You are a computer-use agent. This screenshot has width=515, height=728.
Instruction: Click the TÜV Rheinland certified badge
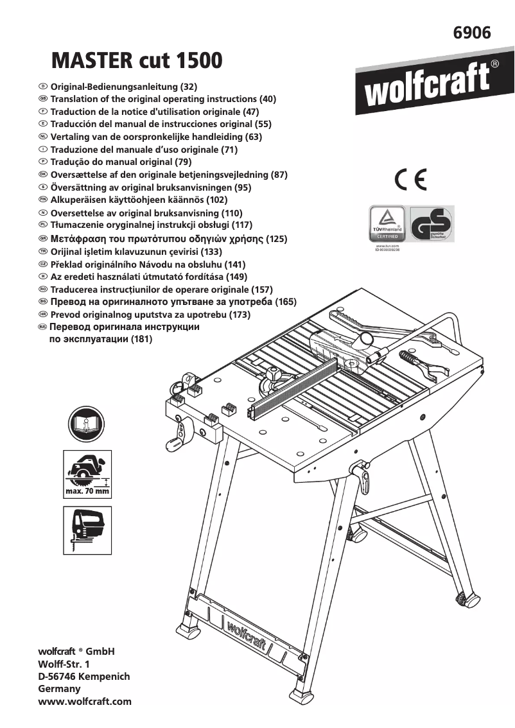[x=387, y=223]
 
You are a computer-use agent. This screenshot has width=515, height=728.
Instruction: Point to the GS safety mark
[x=432, y=223]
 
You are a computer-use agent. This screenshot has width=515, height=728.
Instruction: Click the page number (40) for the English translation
[x=267, y=99]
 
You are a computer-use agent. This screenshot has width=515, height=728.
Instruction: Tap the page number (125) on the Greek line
[x=277, y=238]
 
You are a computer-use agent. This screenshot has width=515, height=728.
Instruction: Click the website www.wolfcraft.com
[x=85, y=702]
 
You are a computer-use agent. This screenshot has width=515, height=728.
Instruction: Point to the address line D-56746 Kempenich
[x=84, y=676]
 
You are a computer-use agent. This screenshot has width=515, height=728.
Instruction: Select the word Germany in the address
[x=60, y=689]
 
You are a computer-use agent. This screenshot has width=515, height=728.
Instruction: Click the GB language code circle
[x=42, y=99]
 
